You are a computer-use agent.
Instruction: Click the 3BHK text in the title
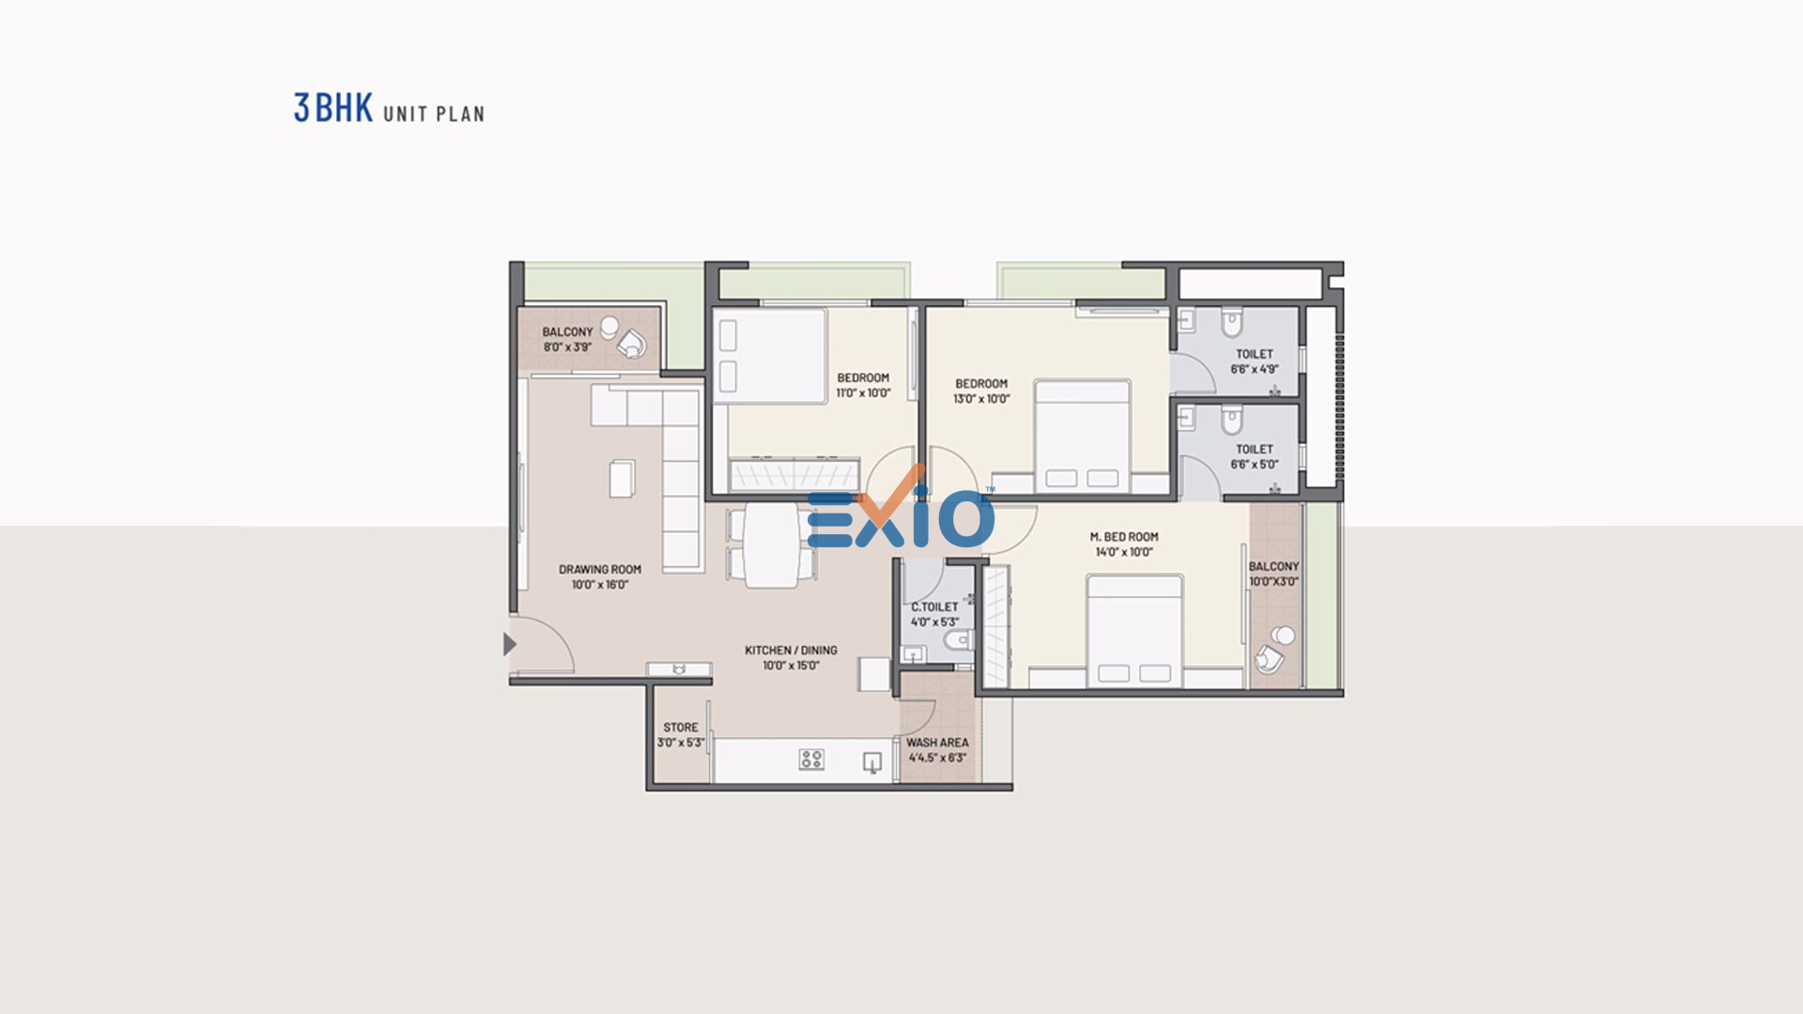click(x=333, y=108)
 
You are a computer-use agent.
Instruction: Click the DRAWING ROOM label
click(x=600, y=569)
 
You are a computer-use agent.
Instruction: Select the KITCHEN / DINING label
click(x=791, y=650)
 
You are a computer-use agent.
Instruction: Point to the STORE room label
click(x=681, y=728)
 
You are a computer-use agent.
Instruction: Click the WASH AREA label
click(x=937, y=743)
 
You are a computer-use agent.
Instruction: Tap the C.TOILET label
click(x=934, y=607)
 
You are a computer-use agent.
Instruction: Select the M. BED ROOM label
click(x=1124, y=537)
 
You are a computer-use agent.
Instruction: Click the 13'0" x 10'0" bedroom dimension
click(x=981, y=399)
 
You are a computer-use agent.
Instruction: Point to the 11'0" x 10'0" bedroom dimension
click(x=863, y=393)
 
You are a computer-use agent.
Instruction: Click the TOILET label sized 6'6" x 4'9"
click(x=1255, y=354)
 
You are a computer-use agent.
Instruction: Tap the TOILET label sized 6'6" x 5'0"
click(x=1255, y=450)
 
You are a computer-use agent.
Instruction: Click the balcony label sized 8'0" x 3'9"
click(x=567, y=332)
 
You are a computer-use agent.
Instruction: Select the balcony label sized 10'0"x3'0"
click(x=1273, y=567)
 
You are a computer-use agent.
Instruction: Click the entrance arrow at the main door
click(x=509, y=644)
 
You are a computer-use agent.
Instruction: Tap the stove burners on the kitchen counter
click(x=811, y=760)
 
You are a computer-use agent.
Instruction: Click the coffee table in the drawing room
click(x=622, y=478)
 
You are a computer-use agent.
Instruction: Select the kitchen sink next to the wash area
click(x=872, y=763)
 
